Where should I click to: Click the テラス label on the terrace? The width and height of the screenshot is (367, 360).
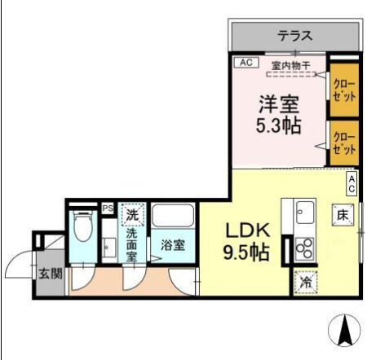pos(294,36)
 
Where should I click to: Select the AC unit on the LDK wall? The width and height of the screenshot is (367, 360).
pos(352,183)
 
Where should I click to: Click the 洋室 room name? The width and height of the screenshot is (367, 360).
pos(280,103)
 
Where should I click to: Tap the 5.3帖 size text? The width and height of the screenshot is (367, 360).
pos(280,127)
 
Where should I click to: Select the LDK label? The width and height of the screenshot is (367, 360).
pos(242,229)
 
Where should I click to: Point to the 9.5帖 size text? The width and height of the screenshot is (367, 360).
pos(243,252)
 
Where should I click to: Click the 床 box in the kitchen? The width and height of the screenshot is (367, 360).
pos(342,214)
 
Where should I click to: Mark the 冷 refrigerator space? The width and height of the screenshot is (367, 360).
pos(304,280)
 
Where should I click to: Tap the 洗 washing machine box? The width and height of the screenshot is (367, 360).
pos(133,215)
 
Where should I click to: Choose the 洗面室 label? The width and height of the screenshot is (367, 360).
pos(131,244)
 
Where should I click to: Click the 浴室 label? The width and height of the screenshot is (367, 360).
pos(172,244)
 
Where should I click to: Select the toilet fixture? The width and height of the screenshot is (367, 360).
pos(83,227)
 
